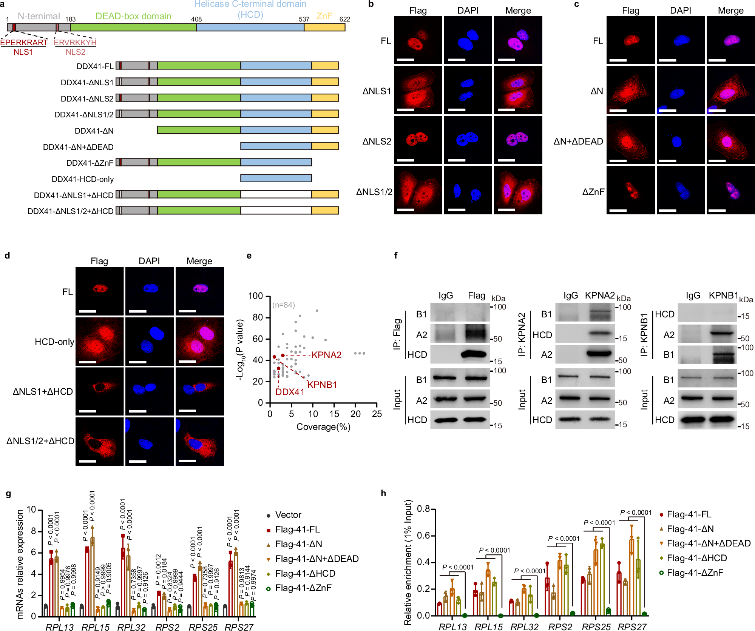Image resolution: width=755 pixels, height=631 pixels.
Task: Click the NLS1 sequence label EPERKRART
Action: point(23,43)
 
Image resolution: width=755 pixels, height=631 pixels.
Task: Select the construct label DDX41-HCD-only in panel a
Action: point(82,179)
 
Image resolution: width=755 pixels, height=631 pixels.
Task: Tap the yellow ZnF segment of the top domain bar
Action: point(324,27)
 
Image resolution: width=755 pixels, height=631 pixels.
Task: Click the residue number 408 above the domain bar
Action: point(196,19)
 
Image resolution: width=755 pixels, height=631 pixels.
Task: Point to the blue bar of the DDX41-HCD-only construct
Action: point(276,178)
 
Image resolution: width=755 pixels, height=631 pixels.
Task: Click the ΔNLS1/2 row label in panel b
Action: point(374,192)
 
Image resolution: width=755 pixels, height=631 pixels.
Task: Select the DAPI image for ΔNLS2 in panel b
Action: point(468,140)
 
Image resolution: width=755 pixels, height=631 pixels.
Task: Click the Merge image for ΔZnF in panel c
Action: point(730,190)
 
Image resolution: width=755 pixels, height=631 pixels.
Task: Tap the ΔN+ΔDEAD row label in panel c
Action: point(578,142)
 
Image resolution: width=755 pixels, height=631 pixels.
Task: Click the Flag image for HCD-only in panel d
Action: point(99,342)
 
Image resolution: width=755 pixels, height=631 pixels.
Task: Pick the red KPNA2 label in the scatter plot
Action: point(326,355)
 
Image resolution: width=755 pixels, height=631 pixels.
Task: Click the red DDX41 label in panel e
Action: point(290,392)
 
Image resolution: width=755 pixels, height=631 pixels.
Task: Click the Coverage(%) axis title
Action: point(323,427)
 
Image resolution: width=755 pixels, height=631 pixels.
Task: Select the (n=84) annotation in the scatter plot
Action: point(284,305)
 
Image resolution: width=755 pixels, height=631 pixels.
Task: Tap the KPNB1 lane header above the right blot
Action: point(723,295)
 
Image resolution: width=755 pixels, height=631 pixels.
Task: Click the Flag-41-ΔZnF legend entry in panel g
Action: point(303,588)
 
